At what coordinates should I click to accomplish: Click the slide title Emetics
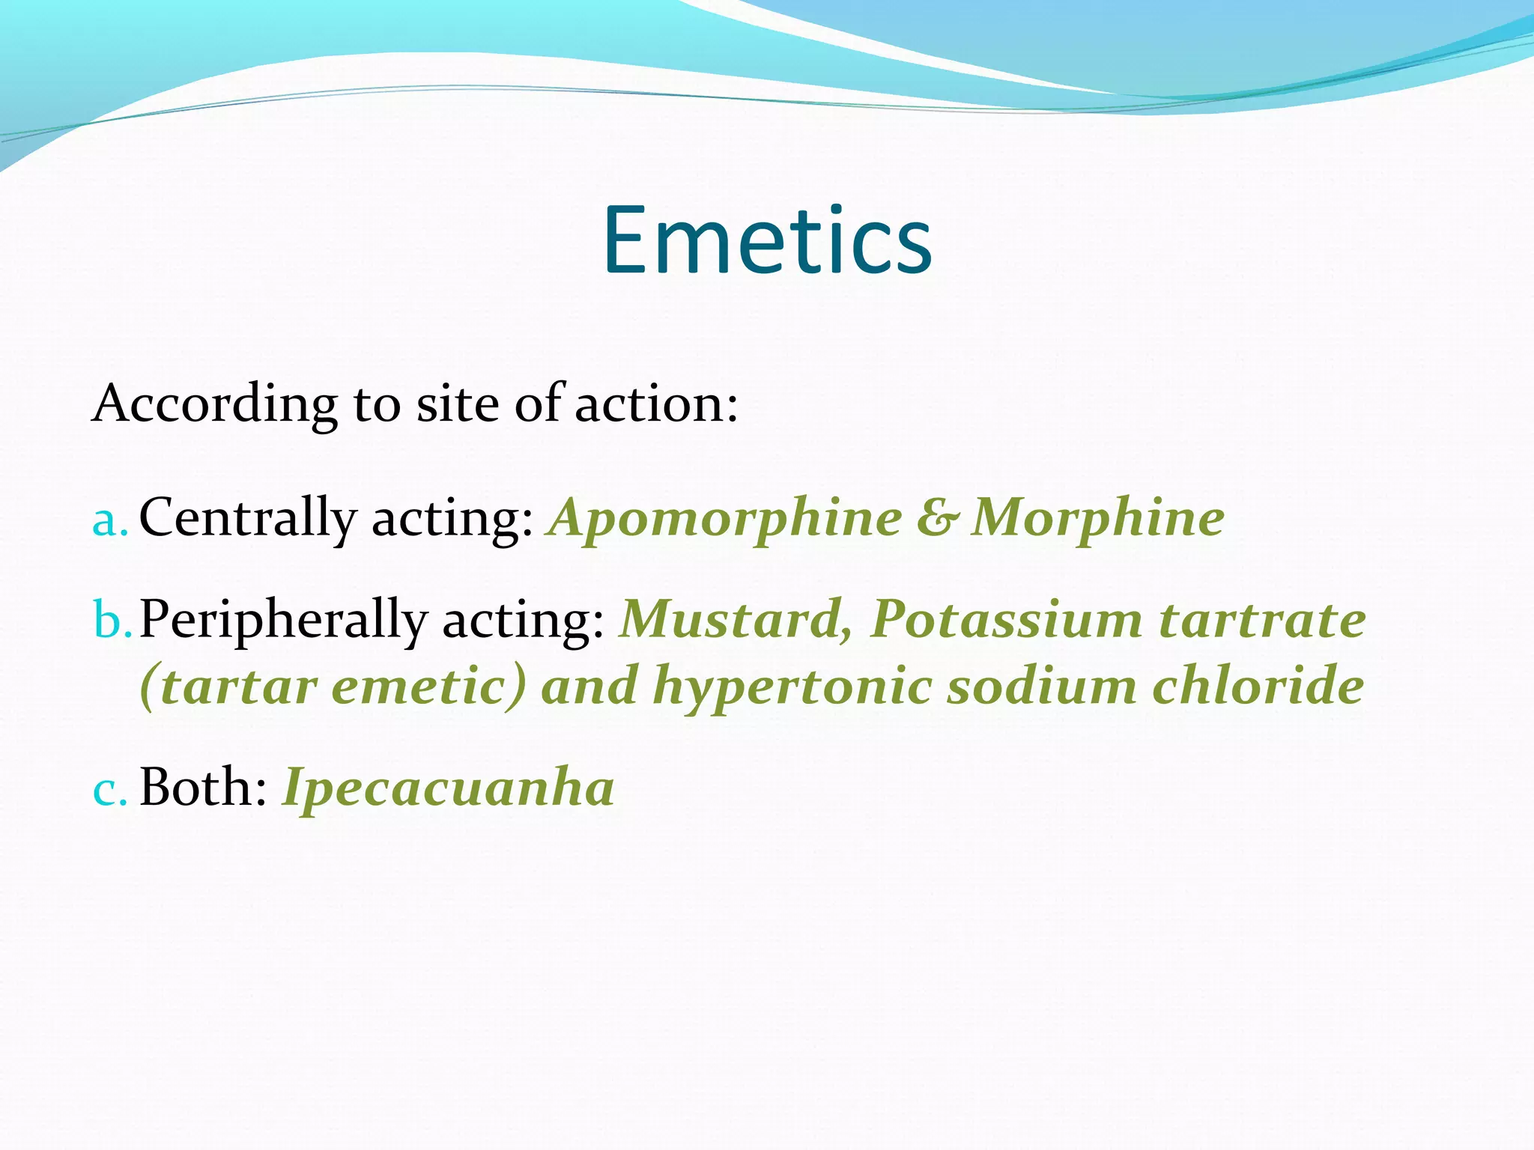[768, 240]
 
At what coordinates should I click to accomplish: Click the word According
[214, 404]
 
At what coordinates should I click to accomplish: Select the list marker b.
[112, 620]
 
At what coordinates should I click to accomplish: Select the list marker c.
[109, 789]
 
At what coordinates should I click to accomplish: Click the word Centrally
[248, 518]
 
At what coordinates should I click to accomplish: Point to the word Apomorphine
[725, 518]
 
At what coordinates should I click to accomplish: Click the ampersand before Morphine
[936, 518]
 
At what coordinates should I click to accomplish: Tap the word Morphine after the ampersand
[1097, 518]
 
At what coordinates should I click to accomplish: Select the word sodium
[1041, 686]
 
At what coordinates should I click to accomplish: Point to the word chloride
[1258, 686]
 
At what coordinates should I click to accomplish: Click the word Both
[203, 788]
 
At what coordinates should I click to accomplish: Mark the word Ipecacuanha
[448, 789]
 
